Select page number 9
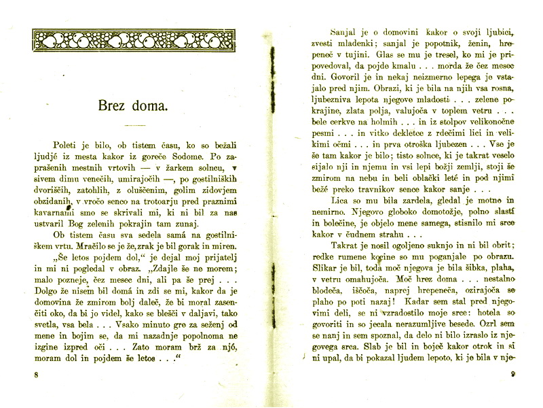pos(513,373)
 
